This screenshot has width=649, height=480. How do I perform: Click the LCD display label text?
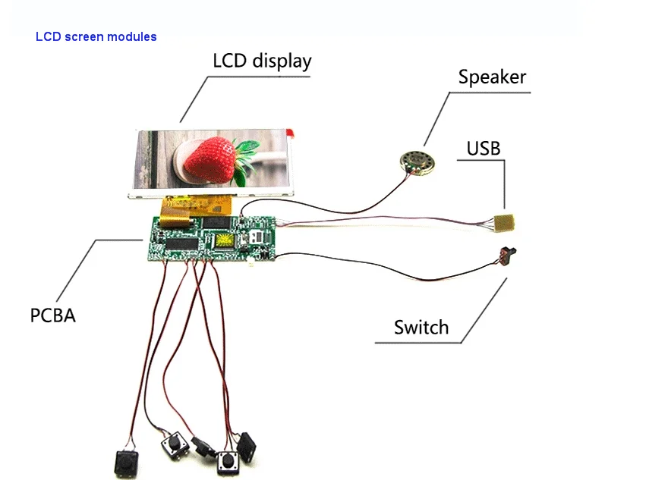(262, 61)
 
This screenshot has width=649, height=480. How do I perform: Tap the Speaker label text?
(492, 77)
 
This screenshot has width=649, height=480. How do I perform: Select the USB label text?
(484, 149)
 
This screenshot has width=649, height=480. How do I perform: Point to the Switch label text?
(421, 328)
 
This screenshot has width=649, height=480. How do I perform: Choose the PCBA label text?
(53, 315)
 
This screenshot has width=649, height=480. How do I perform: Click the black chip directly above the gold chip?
(220, 222)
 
